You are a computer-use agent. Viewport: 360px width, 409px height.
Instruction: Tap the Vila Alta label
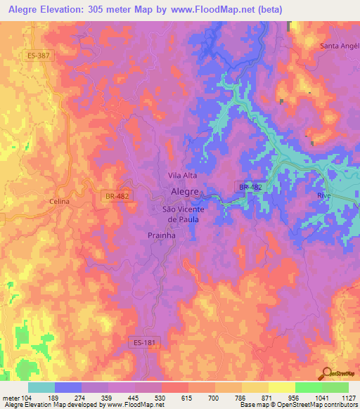(x=181, y=175)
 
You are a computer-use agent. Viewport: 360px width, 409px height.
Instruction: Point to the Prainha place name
(x=161, y=236)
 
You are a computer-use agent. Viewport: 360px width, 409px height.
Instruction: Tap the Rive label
(x=323, y=196)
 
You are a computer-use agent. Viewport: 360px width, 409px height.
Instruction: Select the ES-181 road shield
(x=143, y=342)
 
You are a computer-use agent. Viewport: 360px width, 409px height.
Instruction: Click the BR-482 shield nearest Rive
(x=250, y=187)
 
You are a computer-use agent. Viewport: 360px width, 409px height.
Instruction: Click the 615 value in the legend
(x=189, y=397)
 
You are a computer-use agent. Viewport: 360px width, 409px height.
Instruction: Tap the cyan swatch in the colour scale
(x=41, y=387)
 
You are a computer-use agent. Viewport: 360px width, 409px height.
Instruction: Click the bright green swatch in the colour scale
(x=309, y=387)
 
